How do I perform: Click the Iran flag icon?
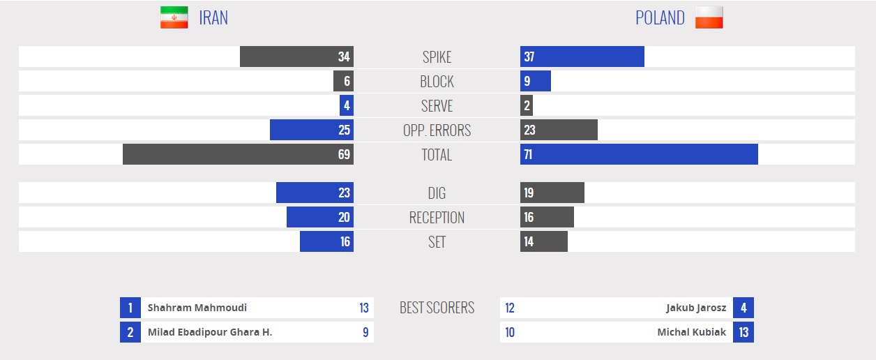[174, 17]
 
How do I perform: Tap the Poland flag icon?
[709, 17]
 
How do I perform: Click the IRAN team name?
[213, 18]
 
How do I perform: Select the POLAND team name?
[660, 18]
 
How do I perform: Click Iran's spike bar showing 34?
[296, 57]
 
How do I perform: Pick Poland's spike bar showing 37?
[582, 57]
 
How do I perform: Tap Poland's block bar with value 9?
[535, 82]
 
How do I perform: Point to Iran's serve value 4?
[347, 106]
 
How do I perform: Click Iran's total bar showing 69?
[238, 155]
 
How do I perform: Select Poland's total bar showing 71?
[639, 155]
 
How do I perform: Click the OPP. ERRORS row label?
[437, 130]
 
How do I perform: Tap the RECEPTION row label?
[437, 218]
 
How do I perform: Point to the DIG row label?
[437, 193]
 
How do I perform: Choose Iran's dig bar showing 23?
[315, 193]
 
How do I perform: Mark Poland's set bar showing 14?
[543, 242]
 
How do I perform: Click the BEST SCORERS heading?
[437, 308]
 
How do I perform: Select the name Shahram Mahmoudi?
[197, 308]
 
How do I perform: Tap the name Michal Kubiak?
[691, 332]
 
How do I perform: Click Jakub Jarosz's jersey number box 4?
[743, 308]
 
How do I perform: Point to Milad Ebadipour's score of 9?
[365, 332]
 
